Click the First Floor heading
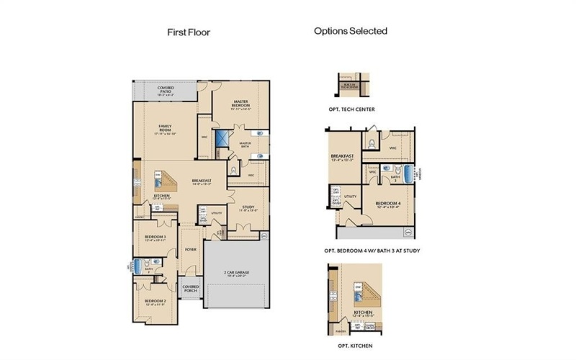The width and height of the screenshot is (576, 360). click(189, 32)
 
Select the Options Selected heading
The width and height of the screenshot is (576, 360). click(351, 31)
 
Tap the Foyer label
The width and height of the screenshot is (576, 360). click(190, 249)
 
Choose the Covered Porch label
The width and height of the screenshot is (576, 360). click(191, 288)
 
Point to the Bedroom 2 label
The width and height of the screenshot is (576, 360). click(155, 302)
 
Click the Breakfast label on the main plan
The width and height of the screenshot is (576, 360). click(201, 181)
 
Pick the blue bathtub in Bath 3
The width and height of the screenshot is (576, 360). click(409, 174)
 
